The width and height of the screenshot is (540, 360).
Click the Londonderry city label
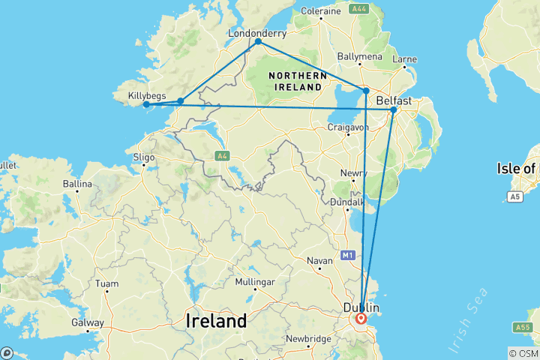(x=257, y=33)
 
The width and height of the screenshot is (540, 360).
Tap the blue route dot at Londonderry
(x=258, y=42)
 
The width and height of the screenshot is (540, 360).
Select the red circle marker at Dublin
(x=361, y=319)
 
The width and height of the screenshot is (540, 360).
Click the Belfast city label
(x=394, y=100)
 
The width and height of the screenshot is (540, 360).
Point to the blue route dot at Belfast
(x=393, y=110)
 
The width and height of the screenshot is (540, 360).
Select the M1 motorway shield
(x=347, y=256)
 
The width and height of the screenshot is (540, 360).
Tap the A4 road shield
(x=221, y=156)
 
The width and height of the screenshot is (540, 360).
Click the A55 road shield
(x=523, y=327)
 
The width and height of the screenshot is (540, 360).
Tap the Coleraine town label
(x=320, y=10)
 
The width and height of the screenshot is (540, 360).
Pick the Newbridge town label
(x=308, y=339)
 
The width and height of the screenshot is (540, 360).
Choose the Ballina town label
(x=78, y=184)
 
